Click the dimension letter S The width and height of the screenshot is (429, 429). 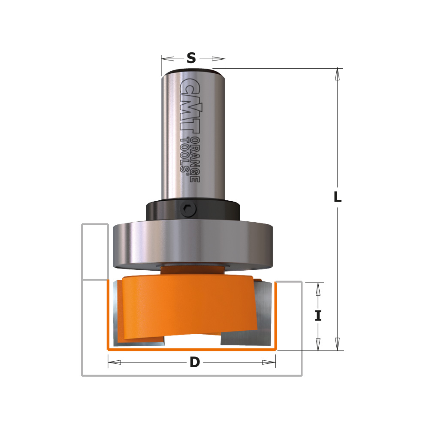tap(191, 58)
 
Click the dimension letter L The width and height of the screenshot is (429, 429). tap(338, 197)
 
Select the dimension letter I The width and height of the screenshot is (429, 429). tap(318, 316)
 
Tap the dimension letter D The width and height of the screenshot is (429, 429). tap(195, 363)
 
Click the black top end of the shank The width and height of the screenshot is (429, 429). tap(193, 72)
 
